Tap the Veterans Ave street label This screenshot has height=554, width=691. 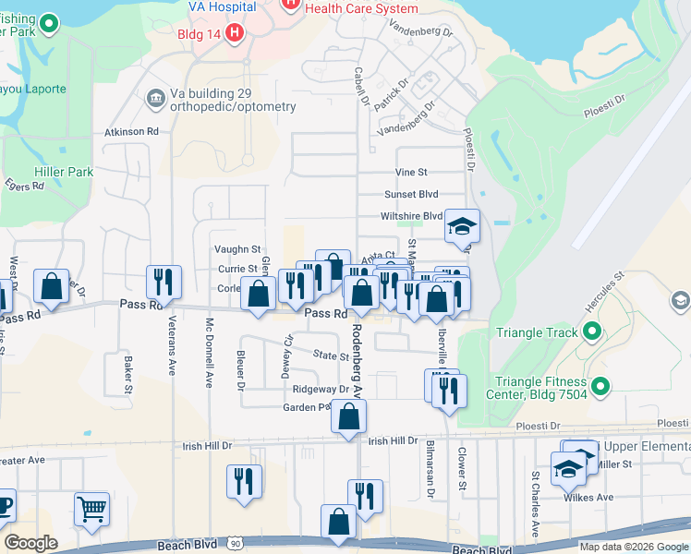click(x=171, y=355)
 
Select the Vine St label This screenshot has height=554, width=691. click(x=411, y=173)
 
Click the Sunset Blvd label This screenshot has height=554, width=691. click(x=411, y=195)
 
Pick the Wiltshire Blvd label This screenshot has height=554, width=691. click(x=412, y=216)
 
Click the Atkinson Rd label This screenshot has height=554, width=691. click(x=132, y=132)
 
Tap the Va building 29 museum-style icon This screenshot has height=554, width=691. click(x=154, y=97)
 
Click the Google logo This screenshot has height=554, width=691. click(x=31, y=543)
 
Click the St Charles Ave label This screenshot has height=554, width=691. click(x=535, y=504)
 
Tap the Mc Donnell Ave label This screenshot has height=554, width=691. click(x=210, y=352)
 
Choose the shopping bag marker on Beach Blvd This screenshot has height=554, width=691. click(x=339, y=521)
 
